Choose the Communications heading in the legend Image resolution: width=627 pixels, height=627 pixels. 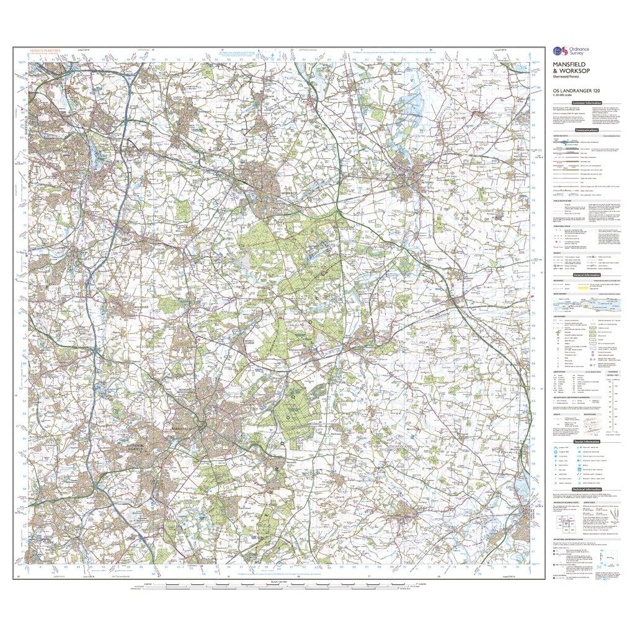tap(586, 130)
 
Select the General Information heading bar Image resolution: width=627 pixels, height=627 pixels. tap(586, 274)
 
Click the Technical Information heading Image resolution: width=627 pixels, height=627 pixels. tap(586, 489)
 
